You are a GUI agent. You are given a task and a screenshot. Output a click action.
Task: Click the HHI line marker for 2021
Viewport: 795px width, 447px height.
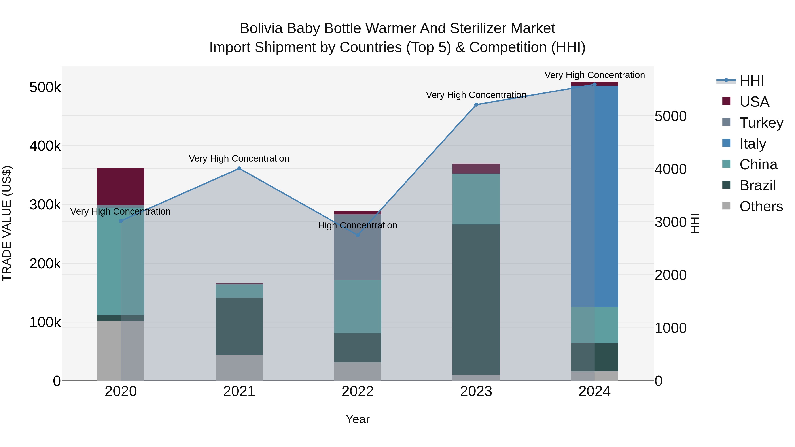tap(239, 168)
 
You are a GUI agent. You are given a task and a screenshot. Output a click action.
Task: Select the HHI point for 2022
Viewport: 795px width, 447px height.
tap(358, 235)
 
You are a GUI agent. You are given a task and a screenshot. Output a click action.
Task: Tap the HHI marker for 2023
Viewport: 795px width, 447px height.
tap(476, 105)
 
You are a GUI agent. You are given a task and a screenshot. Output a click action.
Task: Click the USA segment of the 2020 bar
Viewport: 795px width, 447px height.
tap(121, 186)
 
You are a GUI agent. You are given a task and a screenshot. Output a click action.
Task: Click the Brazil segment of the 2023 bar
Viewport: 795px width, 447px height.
tap(476, 299)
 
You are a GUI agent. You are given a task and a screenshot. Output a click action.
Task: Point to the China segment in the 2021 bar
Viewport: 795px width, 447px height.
tap(239, 291)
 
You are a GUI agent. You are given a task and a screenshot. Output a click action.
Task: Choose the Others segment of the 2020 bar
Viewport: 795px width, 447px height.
tap(121, 351)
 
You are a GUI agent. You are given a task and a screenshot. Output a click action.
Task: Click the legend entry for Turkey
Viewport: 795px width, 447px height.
tap(761, 123)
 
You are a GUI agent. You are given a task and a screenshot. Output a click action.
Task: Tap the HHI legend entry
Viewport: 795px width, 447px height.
tap(751, 81)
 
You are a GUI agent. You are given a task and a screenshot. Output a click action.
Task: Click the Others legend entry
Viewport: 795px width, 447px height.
tap(761, 206)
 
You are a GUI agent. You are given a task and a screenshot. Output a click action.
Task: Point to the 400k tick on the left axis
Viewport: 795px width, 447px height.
tap(45, 146)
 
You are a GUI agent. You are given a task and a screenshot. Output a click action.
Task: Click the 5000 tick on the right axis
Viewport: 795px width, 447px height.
tap(670, 116)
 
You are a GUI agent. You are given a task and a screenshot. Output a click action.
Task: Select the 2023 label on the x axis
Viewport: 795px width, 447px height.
tap(476, 391)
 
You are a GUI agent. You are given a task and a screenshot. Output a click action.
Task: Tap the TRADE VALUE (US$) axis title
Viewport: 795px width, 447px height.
tap(7, 223)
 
